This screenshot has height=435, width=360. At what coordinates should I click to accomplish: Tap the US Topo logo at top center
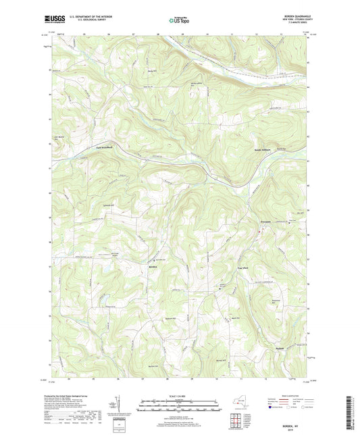coord(178,20)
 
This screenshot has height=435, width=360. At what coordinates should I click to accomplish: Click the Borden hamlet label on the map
coord(153,267)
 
